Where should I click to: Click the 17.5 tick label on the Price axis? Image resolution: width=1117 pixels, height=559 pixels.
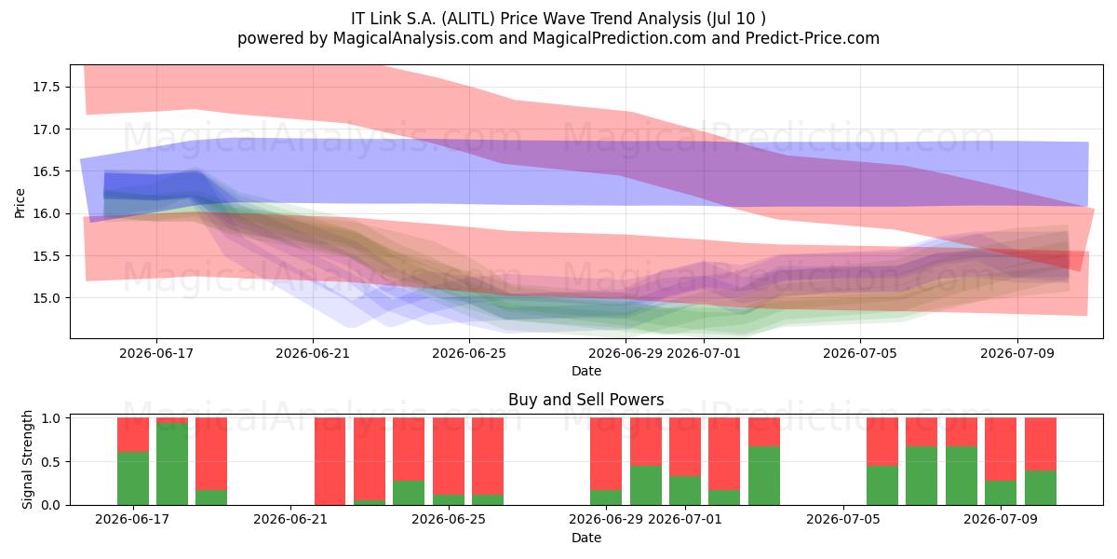pyautogui.click(x=46, y=88)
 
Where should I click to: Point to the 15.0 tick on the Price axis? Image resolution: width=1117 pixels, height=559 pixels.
pyautogui.click(x=46, y=298)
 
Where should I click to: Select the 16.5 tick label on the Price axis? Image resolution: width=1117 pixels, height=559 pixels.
pyautogui.click(x=46, y=171)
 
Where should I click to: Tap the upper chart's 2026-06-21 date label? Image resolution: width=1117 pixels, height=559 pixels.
pyautogui.click(x=313, y=353)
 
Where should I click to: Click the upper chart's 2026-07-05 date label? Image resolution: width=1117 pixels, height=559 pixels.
pyautogui.click(x=860, y=353)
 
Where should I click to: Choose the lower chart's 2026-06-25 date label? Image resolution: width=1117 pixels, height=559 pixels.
pyautogui.click(x=449, y=519)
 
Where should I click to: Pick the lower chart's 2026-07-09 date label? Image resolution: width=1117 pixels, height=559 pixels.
pyautogui.click(x=1001, y=519)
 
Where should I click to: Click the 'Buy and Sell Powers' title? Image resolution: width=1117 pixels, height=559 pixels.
pyautogui.click(x=585, y=400)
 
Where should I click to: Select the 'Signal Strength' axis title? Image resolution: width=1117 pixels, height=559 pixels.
pyautogui.click(x=27, y=459)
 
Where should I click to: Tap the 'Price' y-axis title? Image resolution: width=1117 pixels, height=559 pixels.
pyautogui.click(x=20, y=203)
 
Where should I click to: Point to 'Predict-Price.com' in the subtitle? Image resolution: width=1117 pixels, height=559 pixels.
pyautogui.click(x=813, y=38)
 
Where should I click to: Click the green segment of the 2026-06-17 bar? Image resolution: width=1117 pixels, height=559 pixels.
pyautogui.click(x=133, y=478)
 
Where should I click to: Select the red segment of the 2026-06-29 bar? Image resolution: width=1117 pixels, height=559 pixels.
pyautogui.click(x=606, y=454)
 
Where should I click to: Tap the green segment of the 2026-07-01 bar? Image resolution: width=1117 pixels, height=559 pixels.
pyautogui.click(x=685, y=490)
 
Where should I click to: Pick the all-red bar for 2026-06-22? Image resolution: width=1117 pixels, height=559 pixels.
pyautogui.click(x=330, y=461)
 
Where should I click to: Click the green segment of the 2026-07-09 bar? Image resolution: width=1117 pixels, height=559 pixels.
pyautogui.click(x=1001, y=493)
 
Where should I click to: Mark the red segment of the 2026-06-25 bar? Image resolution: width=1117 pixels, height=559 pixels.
pyautogui.click(x=449, y=457)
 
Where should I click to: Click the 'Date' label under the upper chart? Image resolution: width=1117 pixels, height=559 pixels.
pyautogui.click(x=585, y=371)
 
